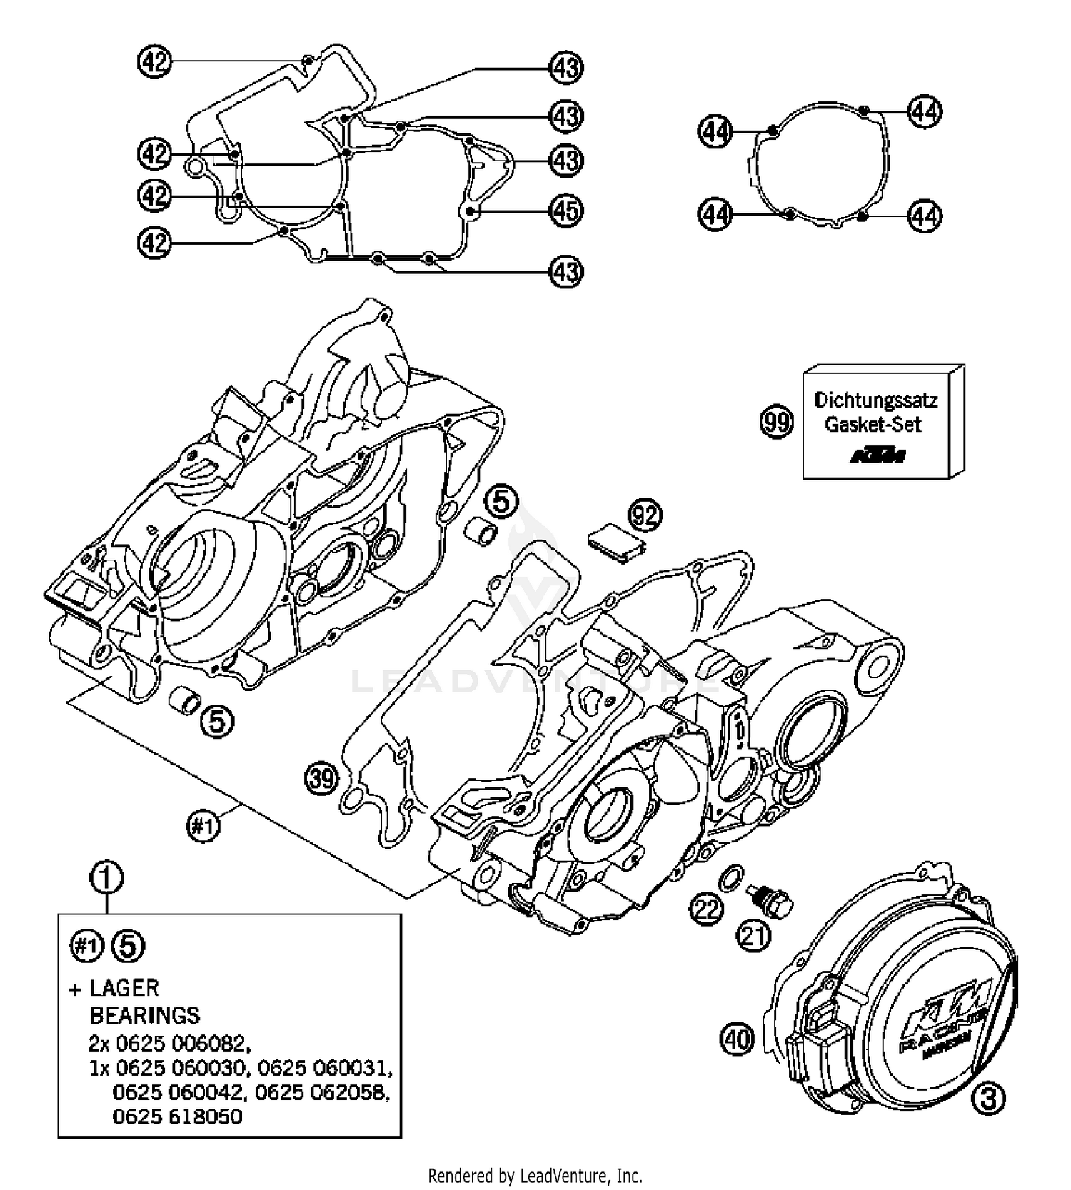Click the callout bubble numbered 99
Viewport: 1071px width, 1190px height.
click(777, 422)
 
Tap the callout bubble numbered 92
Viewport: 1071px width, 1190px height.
click(645, 515)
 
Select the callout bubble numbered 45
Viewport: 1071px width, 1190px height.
click(566, 211)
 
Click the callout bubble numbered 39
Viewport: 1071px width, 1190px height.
click(321, 777)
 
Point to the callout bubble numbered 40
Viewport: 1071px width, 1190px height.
click(738, 1038)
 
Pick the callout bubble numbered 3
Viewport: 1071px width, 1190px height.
click(988, 1099)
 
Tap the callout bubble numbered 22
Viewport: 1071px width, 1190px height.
click(706, 909)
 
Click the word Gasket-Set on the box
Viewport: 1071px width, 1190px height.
click(873, 424)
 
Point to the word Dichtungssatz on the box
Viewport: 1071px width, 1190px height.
click(875, 400)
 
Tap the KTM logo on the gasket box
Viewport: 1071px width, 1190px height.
click(877, 455)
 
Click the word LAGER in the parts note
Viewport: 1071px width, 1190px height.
click(124, 988)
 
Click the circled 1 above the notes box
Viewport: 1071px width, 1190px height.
click(106, 878)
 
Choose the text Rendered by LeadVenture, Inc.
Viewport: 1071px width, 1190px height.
click(535, 1174)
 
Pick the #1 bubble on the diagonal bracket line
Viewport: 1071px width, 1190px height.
click(203, 827)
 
